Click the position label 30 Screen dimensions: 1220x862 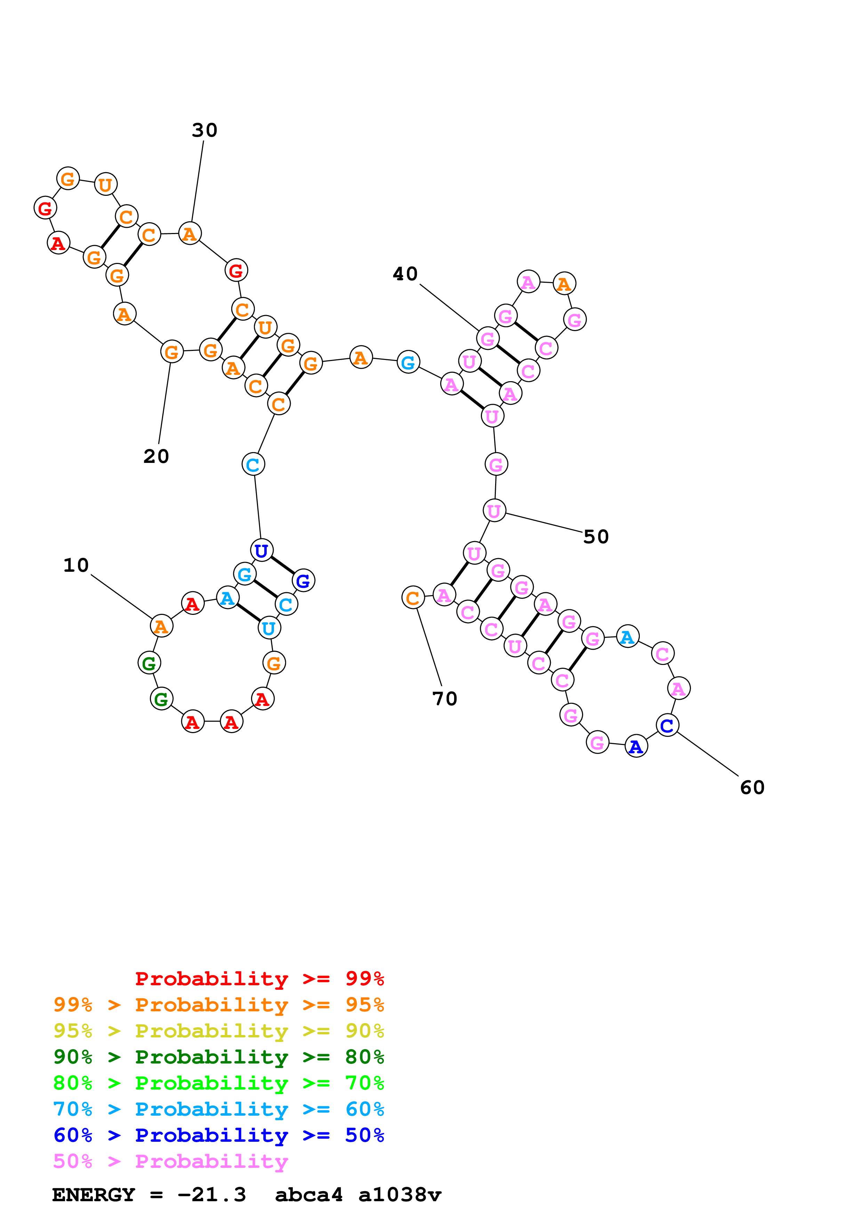click(x=204, y=130)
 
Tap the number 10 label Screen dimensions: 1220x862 click(x=76, y=565)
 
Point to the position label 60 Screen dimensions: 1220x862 click(x=752, y=787)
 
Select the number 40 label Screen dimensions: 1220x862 click(x=405, y=274)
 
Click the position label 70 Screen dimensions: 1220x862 click(x=444, y=699)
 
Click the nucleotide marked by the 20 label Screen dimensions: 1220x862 click(x=171, y=351)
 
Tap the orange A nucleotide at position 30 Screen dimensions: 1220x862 click(x=190, y=234)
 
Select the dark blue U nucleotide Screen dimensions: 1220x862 click(x=261, y=551)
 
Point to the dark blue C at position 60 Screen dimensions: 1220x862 click(x=667, y=725)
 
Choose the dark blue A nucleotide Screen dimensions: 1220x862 click(x=636, y=747)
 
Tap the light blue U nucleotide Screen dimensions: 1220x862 click(x=269, y=628)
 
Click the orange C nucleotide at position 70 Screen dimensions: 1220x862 click(x=413, y=598)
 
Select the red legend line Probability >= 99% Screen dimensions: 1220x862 click(x=259, y=979)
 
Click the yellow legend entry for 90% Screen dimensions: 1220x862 click(x=218, y=1031)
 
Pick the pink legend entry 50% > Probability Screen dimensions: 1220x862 click(x=170, y=1162)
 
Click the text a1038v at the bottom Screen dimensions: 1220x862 click(x=400, y=1195)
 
